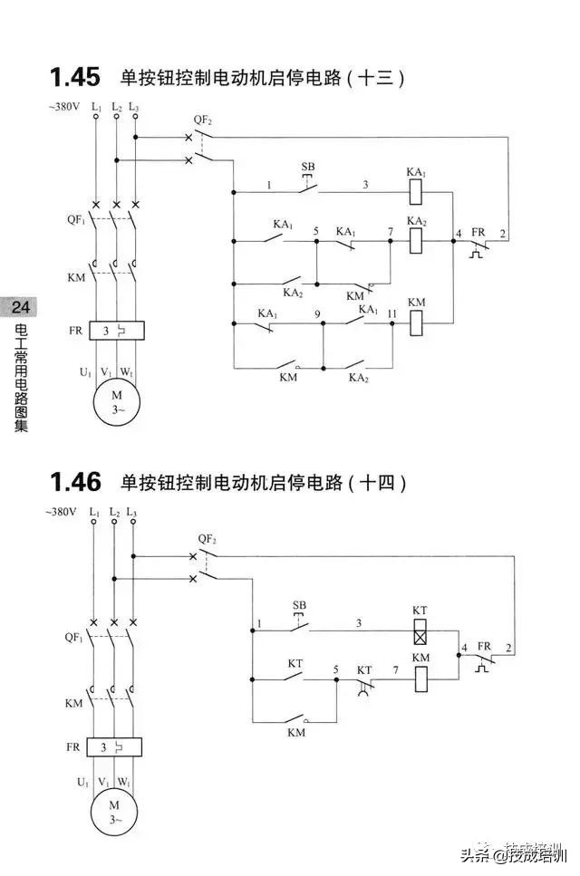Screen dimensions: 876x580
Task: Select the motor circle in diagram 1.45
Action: pos(116,401)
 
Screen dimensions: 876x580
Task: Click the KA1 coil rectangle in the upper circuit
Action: pos(417,190)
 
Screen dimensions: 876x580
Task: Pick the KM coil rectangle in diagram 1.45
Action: pos(417,322)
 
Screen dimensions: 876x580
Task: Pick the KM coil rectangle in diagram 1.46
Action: pos(420,679)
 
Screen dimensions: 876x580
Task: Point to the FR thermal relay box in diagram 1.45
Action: pos(117,332)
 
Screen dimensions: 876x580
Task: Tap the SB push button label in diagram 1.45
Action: pos(308,168)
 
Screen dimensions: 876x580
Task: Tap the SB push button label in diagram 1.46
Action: pos(300,605)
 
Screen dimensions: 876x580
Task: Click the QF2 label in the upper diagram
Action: pos(203,120)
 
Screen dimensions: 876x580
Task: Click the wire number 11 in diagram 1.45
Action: pos(391,313)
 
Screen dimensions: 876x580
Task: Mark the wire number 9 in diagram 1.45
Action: pos(317,313)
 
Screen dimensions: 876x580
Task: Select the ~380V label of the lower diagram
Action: pos(63,512)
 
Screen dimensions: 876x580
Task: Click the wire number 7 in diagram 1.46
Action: pos(394,670)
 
